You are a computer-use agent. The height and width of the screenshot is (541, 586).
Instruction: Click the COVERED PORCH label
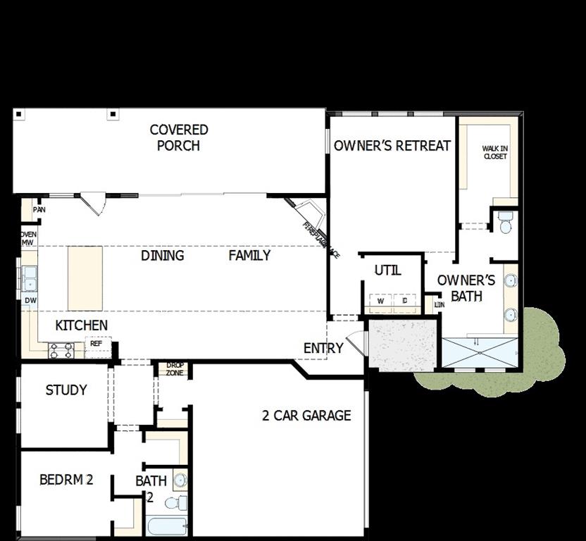click(x=179, y=137)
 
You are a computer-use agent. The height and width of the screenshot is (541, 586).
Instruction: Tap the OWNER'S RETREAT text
click(x=392, y=146)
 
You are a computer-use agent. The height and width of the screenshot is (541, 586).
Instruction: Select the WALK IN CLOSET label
click(x=494, y=152)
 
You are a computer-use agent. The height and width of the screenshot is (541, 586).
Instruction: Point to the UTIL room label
click(x=387, y=270)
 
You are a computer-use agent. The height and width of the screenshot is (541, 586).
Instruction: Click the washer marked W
click(x=380, y=301)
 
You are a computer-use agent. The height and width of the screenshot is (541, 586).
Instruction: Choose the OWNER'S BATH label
click(x=466, y=288)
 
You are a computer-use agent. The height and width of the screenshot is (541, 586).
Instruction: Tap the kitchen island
click(x=85, y=278)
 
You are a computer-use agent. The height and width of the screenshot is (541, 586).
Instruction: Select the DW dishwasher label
click(x=30, y=301)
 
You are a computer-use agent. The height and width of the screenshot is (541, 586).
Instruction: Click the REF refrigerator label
click(x=96, y=344)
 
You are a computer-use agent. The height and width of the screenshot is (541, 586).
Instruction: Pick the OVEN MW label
click(x=29, y=239)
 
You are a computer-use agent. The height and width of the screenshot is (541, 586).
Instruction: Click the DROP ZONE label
click(x=175, y=368)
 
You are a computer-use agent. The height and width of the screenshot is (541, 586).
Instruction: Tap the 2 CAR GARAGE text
click(x=306, y=415)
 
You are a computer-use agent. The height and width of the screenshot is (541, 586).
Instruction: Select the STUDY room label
click(x=66, y=390)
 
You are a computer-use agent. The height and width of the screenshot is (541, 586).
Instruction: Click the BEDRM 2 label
click(x=66, y=480)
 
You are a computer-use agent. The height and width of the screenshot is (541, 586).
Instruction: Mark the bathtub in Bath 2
click(x=167, y=526)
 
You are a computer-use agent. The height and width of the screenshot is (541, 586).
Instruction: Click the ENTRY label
click(x=323, y=348)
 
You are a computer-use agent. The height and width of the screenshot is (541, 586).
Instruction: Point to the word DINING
click(x=163, y=255)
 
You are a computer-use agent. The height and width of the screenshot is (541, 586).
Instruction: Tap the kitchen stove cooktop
click(x=61, y=349)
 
